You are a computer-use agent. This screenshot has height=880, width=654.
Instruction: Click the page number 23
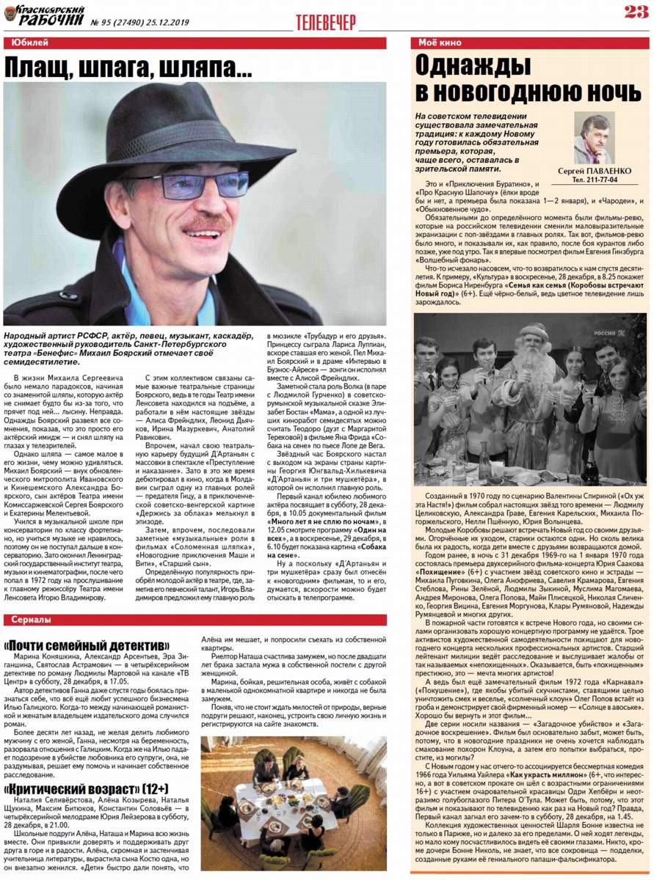[x=634, y=11]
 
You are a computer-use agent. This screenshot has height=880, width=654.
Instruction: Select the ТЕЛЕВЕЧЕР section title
[x=326, y=23]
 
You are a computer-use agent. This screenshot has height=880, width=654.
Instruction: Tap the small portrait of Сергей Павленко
[x=594, y=138]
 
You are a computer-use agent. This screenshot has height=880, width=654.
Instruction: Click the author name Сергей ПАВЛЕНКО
[x=594, y=171]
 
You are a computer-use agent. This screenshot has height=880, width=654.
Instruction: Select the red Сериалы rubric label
[x=32, y=620]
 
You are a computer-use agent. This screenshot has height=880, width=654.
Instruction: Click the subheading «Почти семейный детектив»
[x=87, y=645]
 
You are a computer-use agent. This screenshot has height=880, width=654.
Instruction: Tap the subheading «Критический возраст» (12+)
[x=87, y=789]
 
